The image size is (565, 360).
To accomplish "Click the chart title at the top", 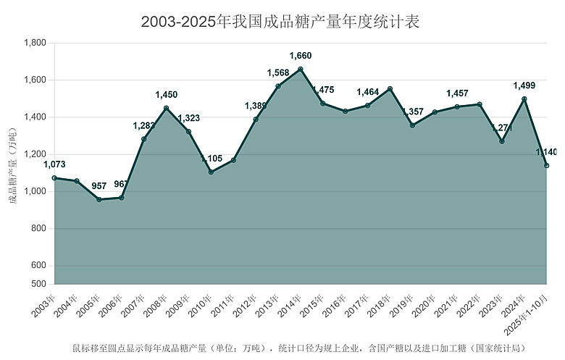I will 280,22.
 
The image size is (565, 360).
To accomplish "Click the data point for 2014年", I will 301,70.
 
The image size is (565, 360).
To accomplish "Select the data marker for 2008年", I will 167,109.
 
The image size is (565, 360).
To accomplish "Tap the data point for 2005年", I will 99,199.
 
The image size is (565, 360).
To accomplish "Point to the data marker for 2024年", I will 524,99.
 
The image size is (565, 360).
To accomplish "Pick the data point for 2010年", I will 211,172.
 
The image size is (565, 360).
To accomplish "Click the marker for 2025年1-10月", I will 547,166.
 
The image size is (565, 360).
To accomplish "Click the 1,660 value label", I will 301,56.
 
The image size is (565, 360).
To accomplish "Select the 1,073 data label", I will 54,164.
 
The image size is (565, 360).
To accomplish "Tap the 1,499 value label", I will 524,85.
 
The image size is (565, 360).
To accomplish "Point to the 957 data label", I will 99,186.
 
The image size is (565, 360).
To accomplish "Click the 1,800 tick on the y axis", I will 35,43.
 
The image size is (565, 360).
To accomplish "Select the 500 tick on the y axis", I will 40,284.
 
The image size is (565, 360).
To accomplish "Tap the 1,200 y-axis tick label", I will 35,154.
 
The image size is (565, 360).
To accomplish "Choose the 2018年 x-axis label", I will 381,305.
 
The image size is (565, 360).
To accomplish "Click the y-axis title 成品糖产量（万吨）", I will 12,164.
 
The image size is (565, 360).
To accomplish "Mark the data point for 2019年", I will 412,125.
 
